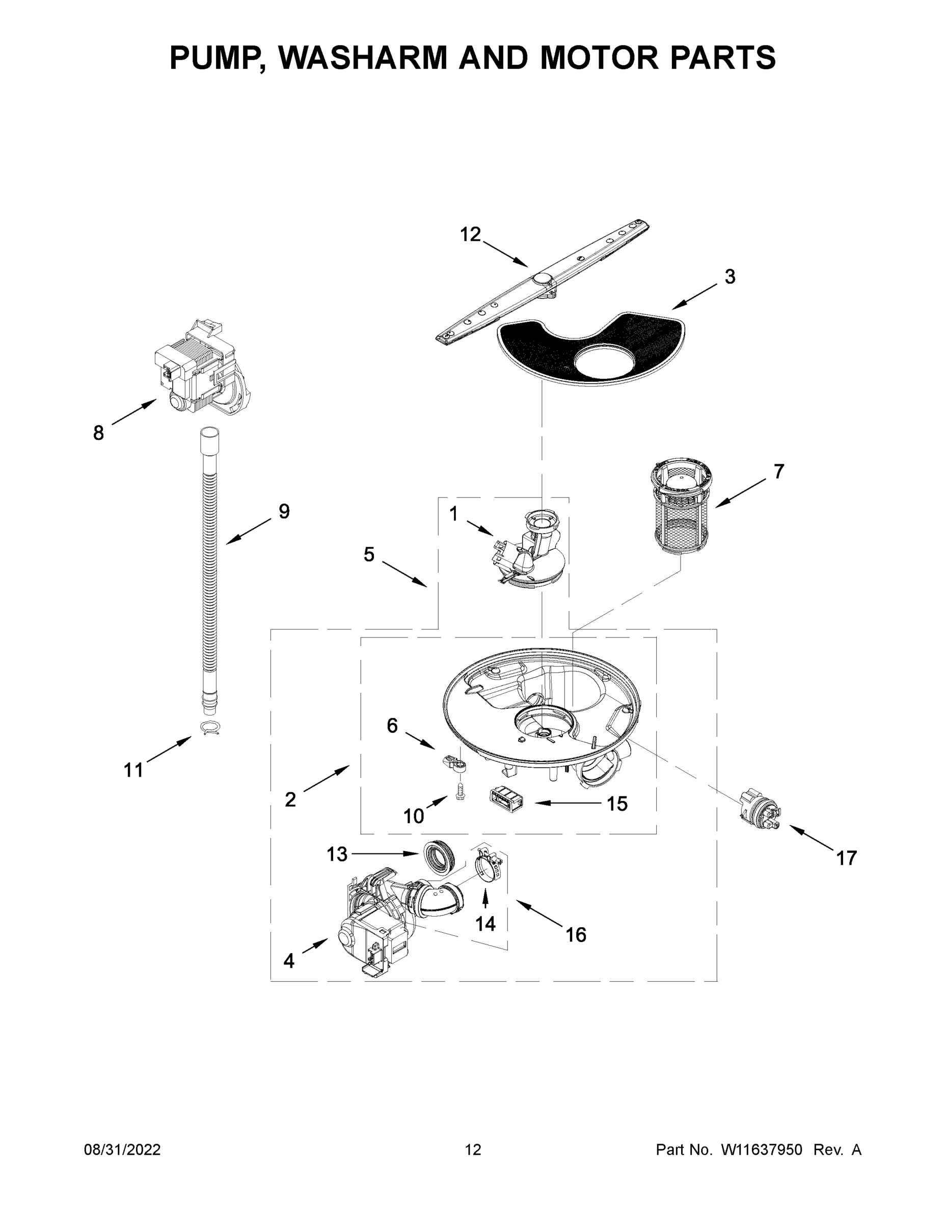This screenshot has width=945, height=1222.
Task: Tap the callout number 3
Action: (730, 276)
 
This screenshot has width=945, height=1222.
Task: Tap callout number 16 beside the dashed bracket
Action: (576, 934)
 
